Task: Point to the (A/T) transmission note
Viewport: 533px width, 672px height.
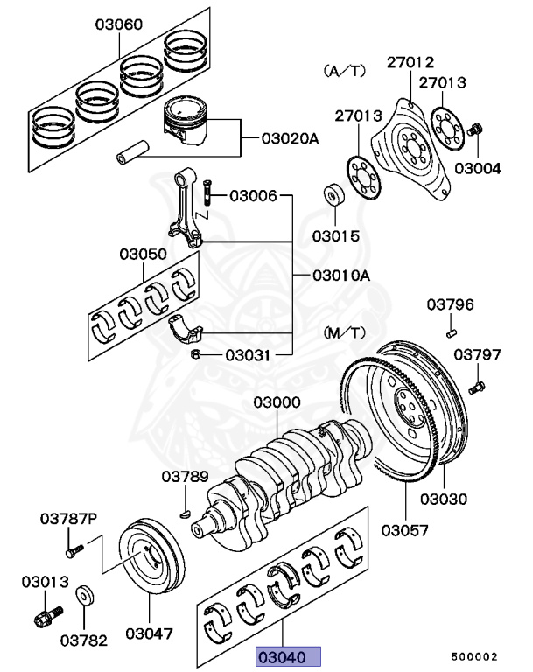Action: click(x=345, y=69)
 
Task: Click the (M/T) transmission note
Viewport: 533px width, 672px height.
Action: click(x=345, y=333)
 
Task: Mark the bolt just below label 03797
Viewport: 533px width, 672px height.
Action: click(x=477, y=384)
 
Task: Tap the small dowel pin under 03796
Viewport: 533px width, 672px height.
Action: click(x=451, y=331)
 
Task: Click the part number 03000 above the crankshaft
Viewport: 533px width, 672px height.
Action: click(x=277, y=403)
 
